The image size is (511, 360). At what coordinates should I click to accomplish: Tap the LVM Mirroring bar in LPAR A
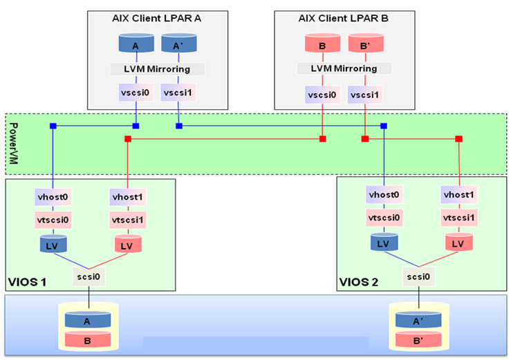coord(158,69)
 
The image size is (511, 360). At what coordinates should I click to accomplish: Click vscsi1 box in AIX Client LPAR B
coord(364,93)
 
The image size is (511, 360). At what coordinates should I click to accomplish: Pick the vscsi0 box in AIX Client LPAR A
coord(136,93)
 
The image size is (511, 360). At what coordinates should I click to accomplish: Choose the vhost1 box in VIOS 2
coord(458,197)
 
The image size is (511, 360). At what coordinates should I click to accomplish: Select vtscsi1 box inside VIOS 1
coord(128,220)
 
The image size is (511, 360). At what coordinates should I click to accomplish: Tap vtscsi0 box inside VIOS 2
coord(384,218)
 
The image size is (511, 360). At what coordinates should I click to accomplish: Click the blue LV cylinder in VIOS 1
coord(53,244)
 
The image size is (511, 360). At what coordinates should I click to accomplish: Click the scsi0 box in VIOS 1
coord(89,278)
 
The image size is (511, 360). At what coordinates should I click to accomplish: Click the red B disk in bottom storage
coord(89,339)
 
